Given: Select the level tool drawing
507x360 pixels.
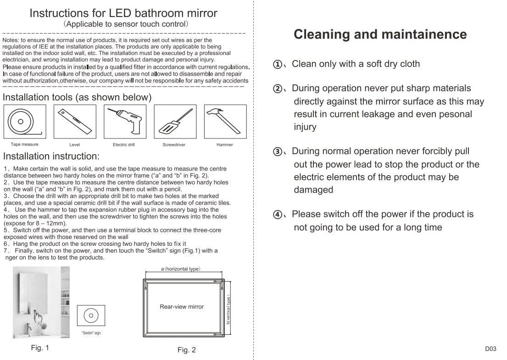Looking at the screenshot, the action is (75, 122).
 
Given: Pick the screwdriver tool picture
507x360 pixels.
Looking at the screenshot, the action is (175, 122).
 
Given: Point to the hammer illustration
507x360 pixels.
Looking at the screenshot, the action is (225, 121).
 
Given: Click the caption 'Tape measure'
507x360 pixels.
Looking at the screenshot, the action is (25, 144).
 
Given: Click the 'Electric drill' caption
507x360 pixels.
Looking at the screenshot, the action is (124, 145).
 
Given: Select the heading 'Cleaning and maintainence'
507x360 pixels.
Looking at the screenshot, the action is (380, 34).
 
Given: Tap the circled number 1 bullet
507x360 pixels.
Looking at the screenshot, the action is (278, 64).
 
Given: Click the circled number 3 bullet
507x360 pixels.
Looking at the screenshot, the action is (278, 151).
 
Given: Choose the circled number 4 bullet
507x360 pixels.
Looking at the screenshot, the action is (278, 215).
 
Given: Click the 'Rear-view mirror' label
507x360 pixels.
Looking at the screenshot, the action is (182, 307).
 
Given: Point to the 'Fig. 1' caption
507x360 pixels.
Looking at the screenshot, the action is (40, 348).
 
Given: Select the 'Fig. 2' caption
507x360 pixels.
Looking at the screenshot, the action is (187, 349).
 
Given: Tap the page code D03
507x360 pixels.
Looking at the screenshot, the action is (490, 349).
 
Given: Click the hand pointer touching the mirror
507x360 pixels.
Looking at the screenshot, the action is (38, 315).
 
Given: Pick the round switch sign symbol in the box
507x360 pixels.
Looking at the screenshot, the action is (91, 316).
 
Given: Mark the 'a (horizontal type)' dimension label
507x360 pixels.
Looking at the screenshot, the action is (181, 269).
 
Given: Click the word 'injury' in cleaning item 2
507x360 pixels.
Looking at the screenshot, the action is (305, 127).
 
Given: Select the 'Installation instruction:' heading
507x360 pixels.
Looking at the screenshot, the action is (51, 156).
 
